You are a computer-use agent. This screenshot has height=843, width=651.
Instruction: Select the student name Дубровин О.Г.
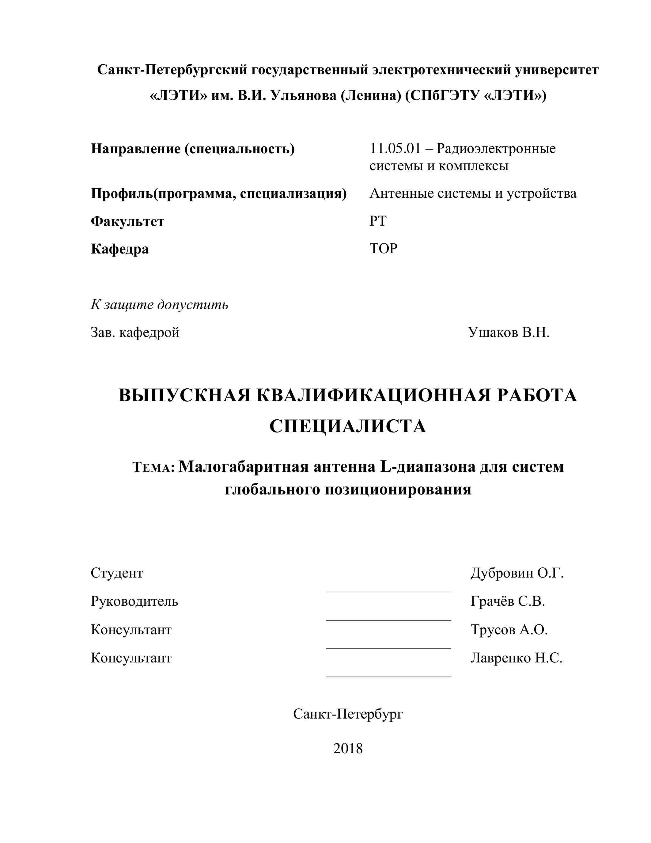(x=517, y=573)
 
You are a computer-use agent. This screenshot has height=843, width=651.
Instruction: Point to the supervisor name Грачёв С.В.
(x=508, y=601)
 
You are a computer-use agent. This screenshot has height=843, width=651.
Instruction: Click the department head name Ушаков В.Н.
(x=509, y=332)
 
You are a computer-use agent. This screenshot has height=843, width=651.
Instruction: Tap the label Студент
(x=117, y=573)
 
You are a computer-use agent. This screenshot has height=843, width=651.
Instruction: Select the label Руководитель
(x=134, y=601)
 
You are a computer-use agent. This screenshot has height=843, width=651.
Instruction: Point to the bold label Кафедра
(x=119, y=249)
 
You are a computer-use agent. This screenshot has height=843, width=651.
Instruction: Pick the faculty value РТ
(x=378, y=221)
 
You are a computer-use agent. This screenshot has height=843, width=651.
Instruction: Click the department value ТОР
(x=383, y=249)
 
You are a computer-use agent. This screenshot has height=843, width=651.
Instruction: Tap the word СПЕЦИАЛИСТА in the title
(x=348, y=426)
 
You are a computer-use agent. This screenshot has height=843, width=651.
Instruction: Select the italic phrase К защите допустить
(x=160, y=305)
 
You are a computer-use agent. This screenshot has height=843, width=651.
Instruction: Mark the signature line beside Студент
(x=388, y=591)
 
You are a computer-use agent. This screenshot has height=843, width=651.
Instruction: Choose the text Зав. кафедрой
(x=135, y=332)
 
